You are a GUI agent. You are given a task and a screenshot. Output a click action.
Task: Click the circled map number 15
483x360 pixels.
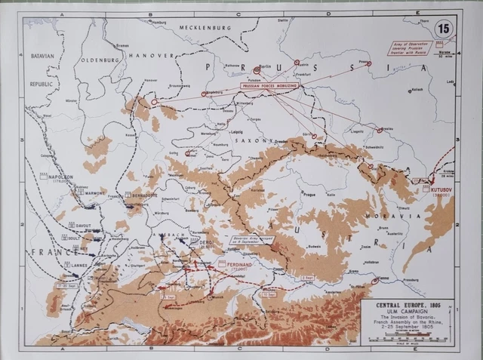[x=445, y=29]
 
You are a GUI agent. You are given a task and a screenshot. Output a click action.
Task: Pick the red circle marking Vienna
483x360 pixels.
[x=375, y=280]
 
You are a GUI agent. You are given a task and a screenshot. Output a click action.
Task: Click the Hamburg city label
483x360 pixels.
[x=159, y=22]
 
